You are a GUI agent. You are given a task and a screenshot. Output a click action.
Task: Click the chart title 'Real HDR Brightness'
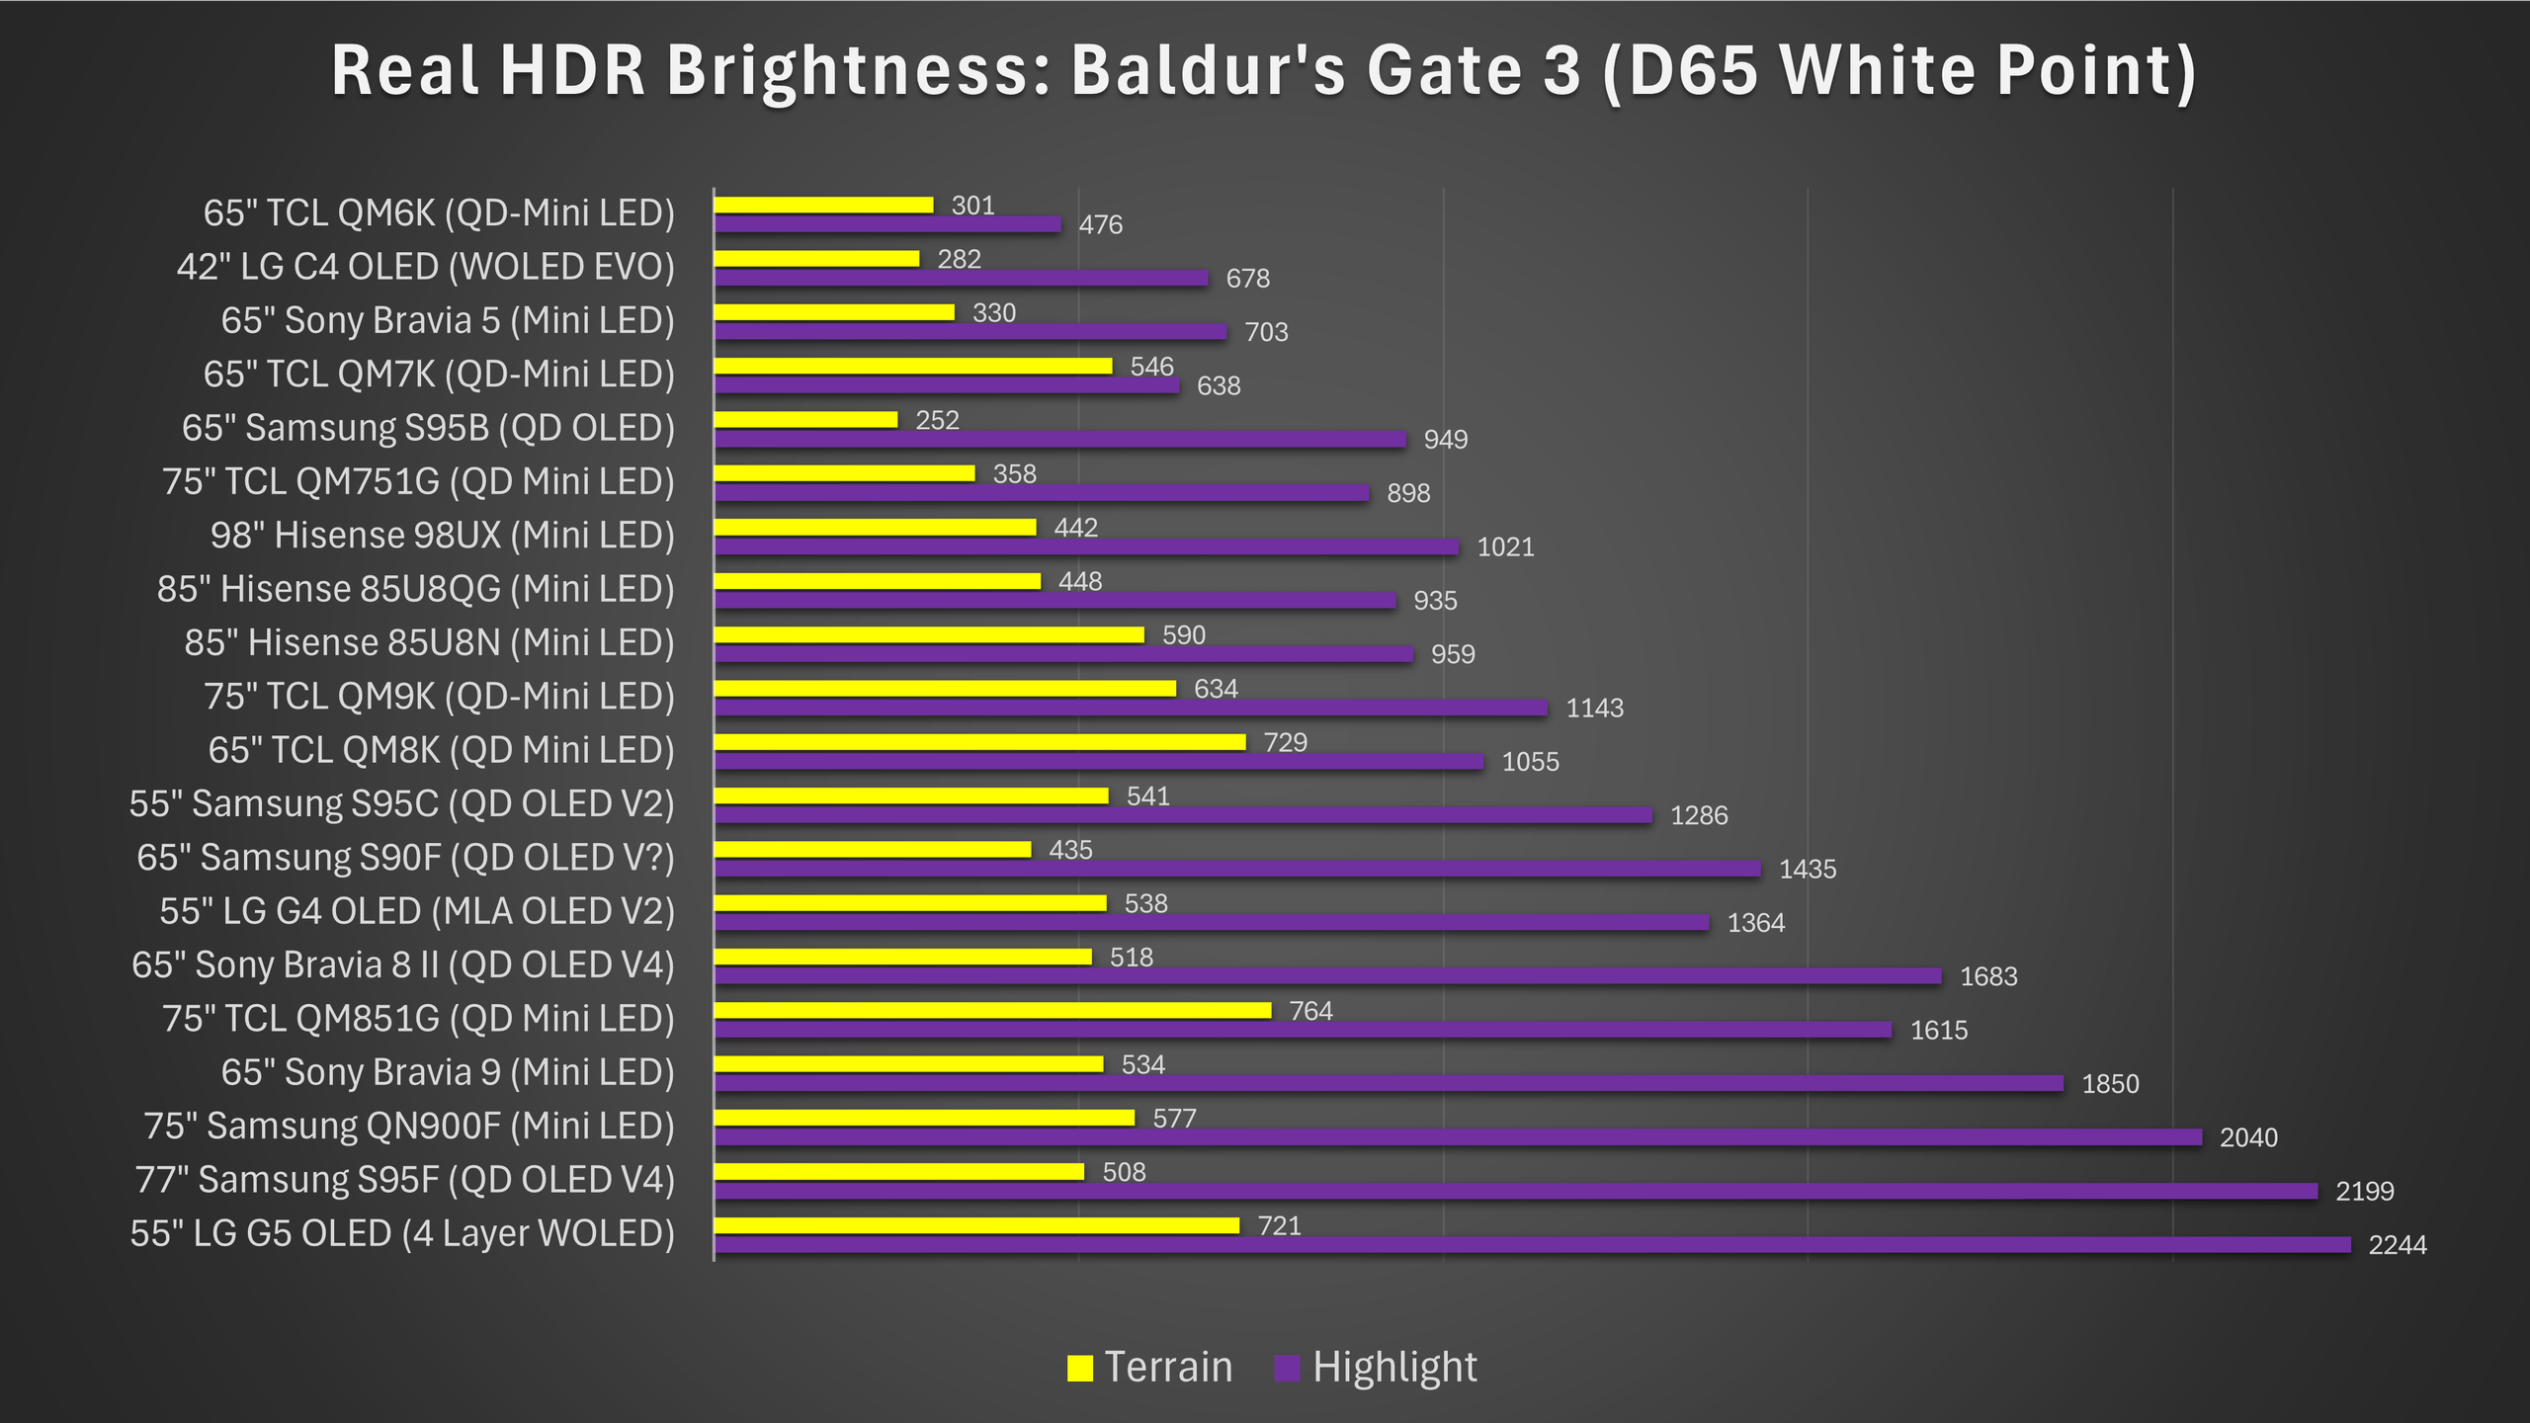coord(1263,71)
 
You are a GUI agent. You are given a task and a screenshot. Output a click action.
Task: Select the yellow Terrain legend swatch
coord(1080,1368)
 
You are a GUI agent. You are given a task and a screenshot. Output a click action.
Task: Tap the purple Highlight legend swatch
coord(1287,1368)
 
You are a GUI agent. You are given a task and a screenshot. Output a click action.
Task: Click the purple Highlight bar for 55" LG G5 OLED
coord(1532,1245)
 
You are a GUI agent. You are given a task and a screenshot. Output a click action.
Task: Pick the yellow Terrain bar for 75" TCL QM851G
coord(992,1010)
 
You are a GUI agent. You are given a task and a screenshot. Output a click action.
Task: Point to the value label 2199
coord(2364,1192)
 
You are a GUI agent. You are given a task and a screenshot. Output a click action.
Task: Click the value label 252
coord(937,420)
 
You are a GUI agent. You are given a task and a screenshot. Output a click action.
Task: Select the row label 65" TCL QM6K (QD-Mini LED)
coord(439,213)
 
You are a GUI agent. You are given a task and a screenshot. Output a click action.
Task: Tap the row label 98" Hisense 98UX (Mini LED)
coord(442,536)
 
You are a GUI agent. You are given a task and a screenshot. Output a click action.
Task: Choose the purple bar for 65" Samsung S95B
coord(1059,440)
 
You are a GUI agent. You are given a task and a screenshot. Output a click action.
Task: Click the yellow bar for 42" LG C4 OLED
coord(816,259)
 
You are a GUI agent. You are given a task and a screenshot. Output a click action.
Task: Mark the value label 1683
coord(1988,976)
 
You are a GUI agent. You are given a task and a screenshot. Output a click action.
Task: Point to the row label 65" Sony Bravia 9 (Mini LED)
coord(447,1072)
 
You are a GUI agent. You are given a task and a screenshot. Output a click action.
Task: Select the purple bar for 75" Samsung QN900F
coord(1458,1137)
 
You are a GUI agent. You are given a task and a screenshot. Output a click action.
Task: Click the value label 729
coord(1285,742)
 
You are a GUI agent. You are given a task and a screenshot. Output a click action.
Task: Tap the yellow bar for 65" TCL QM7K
coord(913,366)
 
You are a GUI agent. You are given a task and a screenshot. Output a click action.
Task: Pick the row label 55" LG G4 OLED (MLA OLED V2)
coord(417,911)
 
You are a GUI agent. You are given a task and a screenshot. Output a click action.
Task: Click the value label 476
coord(1100,225)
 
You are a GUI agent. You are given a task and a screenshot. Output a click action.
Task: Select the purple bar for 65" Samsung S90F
coord(1237,869)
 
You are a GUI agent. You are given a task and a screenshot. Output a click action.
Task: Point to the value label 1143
coord(1594,709)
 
